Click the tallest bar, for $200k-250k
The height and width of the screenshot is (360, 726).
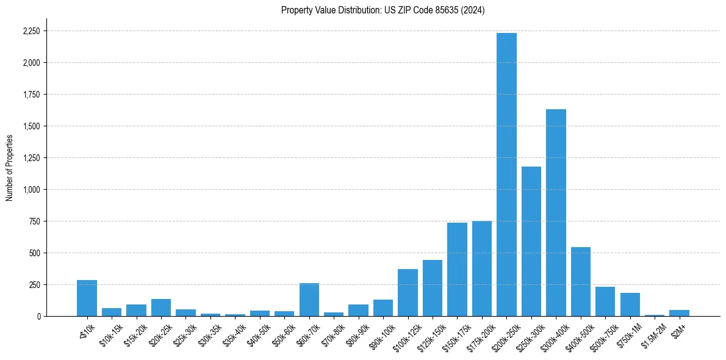coord(506,175)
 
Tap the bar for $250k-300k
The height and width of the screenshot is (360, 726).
coord(531,241)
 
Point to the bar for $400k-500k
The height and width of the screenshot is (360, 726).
coord(581,281)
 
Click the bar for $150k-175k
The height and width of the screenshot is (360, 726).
coord(457,269)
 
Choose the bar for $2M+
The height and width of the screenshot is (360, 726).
coord(679,313)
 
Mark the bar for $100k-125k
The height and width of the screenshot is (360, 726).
coord(408,292)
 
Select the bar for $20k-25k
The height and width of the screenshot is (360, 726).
coord(161,308)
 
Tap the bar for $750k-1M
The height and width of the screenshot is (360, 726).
coord(630,304)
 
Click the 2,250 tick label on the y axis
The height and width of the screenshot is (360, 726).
coord(31,31)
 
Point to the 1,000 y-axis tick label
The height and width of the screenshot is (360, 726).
coord(31,190)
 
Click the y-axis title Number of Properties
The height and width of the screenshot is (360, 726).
coord(9,167)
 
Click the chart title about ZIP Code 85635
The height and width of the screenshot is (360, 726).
coord(383,10)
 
